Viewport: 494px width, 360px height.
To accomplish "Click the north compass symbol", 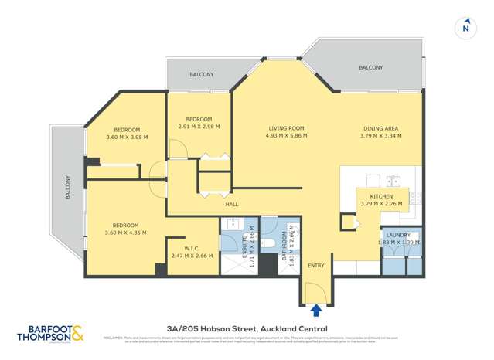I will tap(465, 27).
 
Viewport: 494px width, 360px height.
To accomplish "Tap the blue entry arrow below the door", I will tap(315, 310).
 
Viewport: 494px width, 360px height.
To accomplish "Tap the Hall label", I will tap(231, 205).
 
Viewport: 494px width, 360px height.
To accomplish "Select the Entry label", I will tap(316, 265).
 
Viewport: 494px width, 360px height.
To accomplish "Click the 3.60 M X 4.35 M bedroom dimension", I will tap(124, 233).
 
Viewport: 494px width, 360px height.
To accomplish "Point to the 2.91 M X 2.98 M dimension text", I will tap(199, 127).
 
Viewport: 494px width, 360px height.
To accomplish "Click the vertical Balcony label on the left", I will tap(68, 187).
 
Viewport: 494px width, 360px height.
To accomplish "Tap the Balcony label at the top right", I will tap(370, 68).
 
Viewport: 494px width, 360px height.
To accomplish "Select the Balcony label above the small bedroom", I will tap(202, 75).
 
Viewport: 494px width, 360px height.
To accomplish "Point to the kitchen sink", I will tap(393, 182).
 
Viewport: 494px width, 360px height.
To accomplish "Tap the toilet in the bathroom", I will tap(267, 243).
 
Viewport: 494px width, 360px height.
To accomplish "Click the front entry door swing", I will tap(315, 292).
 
